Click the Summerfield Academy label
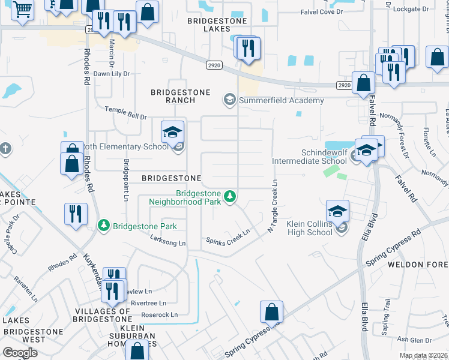pos(281,100)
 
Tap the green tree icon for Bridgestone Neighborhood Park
pos(229,196)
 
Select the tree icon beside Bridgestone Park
pos(103,225)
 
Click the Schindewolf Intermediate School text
pos(309,157)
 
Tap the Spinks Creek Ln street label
pos(228,235)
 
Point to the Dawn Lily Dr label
pos(111,74)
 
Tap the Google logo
pos(20,353)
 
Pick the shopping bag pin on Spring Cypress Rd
pos(271,312)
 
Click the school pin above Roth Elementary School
pos(172,132)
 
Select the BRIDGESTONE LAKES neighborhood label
pos(209,24)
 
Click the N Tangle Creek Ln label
pos(272,207)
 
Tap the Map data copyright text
pos(423,355)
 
